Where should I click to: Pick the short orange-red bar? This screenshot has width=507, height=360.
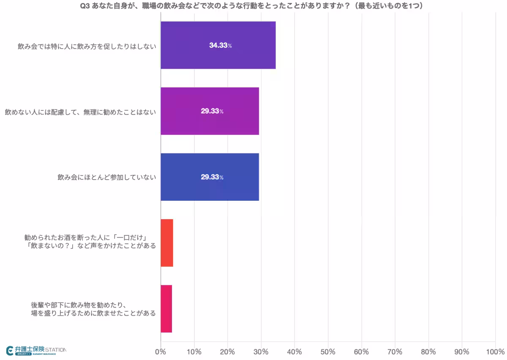click(x=167, y=243)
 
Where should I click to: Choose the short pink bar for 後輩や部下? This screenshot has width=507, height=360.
click(x=166, y=309)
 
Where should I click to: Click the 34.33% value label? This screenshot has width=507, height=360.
click(x=220, y=46)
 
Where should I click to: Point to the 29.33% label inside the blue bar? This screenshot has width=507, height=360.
click(x=212, y=177)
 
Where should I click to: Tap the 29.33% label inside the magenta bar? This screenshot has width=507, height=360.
click(x=212, y=112)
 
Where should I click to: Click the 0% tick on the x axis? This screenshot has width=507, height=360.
click(x=161, y=352)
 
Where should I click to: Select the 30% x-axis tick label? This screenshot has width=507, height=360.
click(x=261, y=352)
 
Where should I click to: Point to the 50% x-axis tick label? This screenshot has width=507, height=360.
click(x=328, y=352)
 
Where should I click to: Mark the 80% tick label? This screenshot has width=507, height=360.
click(x=428, y=352)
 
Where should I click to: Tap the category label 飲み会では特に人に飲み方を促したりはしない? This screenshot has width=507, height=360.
click(x=87, y=46)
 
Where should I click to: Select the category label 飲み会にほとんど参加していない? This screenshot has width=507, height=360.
click(x=107, y=177)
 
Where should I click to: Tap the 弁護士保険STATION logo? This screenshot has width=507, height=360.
click(x=36, y=350)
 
